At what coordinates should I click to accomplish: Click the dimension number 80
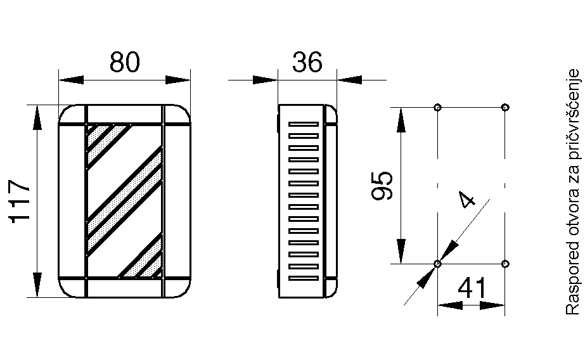[125, 62]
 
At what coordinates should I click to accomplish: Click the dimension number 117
[20, 202]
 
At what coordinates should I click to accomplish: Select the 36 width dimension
[307, 62]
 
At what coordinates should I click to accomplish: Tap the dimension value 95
[382, 186]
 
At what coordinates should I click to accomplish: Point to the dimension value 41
[472, 288]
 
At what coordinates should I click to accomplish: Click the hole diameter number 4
[467, 200]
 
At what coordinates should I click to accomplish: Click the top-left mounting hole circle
[437, 108]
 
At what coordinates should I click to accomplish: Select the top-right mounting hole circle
[505, 108]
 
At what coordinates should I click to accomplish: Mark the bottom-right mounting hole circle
[505, 264]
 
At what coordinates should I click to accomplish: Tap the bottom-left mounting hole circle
[437, 264]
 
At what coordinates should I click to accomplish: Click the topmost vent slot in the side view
[304, 124]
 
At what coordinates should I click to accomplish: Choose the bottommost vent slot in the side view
[304, 278]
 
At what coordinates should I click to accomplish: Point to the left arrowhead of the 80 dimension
[71, 80]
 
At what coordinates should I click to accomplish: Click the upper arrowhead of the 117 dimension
[37, 117]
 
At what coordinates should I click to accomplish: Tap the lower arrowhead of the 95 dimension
[401, 252]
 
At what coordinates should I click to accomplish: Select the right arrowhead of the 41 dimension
[492, 305]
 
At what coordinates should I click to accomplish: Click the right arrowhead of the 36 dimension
[349, 80]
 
